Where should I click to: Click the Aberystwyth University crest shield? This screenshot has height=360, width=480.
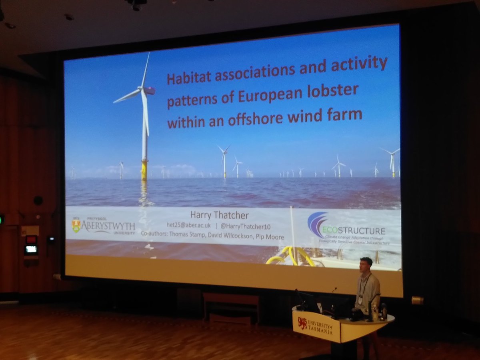click(x=76, y=226)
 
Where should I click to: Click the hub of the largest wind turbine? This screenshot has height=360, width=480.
click(x=141, y=89)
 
